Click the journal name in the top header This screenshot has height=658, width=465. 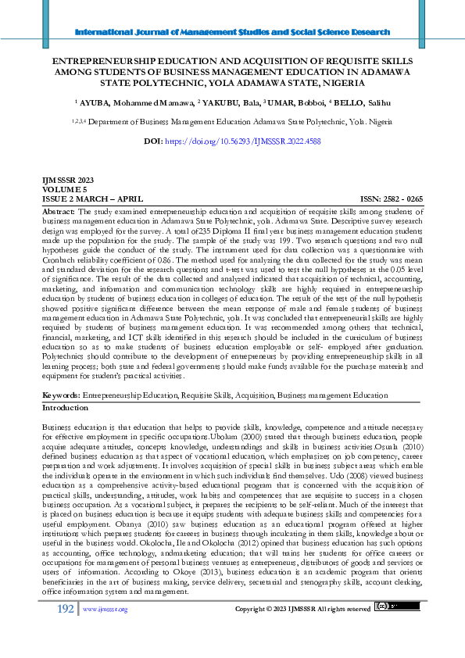[x=232, y=32]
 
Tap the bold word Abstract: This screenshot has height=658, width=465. [x=59, y=212]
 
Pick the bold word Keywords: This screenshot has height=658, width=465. [x=61, y=396]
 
